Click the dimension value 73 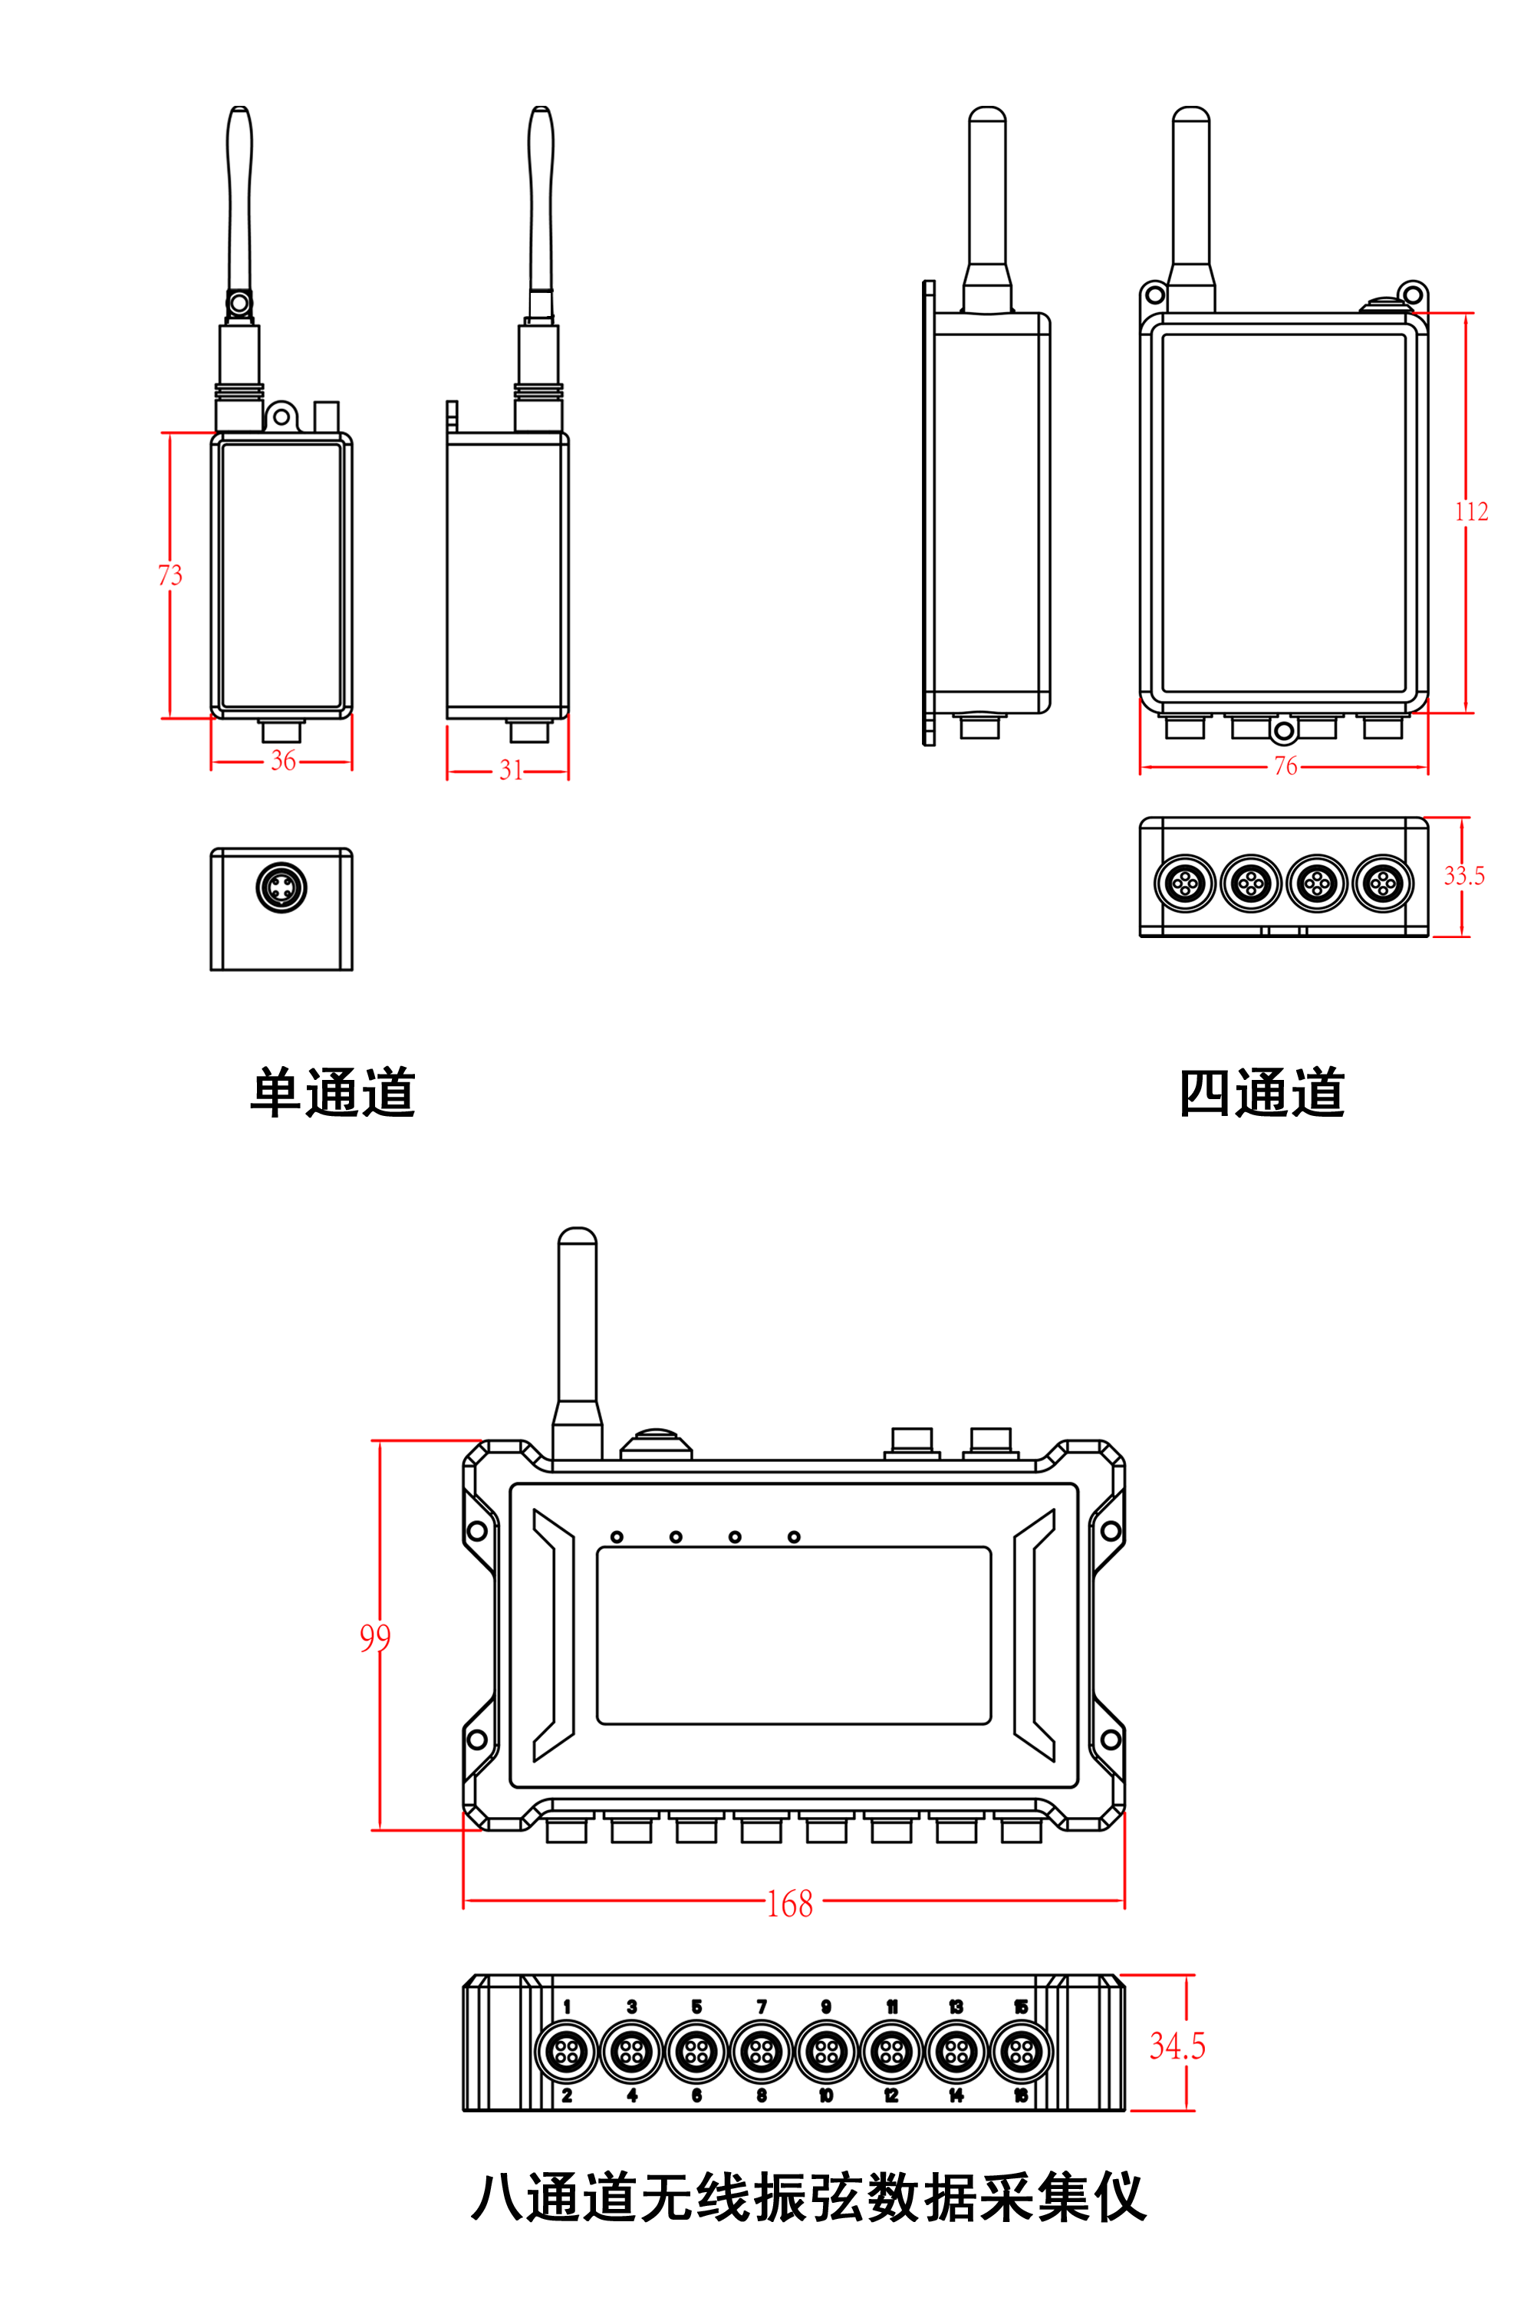[x=170, y=574]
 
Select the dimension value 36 [x=283, y=760]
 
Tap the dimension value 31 [x=510, y=770]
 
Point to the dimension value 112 [x=1470, y=512]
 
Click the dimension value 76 [x=1285, y=766]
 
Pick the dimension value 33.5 [x=1463, y=876]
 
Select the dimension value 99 [x=375, y=1637]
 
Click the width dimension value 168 [x=789, y=1904]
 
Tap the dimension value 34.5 [x=1177, y=2046]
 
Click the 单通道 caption [x=334, y=1093]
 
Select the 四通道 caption [x=1262, y=1093]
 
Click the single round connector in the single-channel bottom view [x=281, y=887]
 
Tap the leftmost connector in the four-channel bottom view [x=1185, y=884]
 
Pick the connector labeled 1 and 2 [x=567, y=2052]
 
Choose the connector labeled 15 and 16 [x=1022, y=2052]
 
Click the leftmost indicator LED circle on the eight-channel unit [x=617, y=1537]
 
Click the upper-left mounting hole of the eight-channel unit [x=477, y=1531]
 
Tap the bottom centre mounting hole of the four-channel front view [x=1283, y=731]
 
